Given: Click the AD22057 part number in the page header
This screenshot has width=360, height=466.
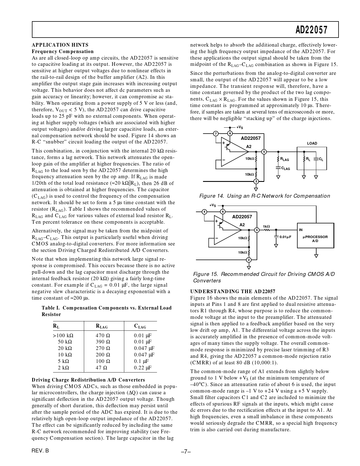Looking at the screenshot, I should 312,30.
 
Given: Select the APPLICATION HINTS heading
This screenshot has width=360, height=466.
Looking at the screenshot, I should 60,45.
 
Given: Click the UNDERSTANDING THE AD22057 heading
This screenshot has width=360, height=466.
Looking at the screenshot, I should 233,291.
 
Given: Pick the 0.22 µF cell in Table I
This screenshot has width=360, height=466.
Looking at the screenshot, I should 143,368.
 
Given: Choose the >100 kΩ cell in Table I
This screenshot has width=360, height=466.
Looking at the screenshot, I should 63,336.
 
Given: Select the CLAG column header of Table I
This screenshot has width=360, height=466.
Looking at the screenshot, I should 140,326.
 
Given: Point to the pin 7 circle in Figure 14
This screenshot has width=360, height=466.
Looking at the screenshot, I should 216,134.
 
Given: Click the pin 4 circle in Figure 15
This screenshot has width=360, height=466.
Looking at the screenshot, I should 204,212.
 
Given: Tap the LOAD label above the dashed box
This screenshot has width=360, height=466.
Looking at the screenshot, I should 312,143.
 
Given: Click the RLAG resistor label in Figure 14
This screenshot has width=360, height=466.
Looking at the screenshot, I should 284,160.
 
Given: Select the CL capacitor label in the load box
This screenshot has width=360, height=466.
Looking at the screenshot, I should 321,160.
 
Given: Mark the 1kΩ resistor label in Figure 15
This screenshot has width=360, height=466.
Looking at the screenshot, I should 266,226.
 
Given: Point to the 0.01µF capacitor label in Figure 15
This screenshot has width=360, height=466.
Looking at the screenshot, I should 285,237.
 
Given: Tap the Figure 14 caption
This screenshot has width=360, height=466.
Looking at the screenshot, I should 265,196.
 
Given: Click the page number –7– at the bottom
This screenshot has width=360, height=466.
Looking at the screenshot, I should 186,452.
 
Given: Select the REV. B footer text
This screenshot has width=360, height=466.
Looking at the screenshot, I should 40,451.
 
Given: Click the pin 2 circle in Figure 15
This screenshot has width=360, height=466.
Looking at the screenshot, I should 249,260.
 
